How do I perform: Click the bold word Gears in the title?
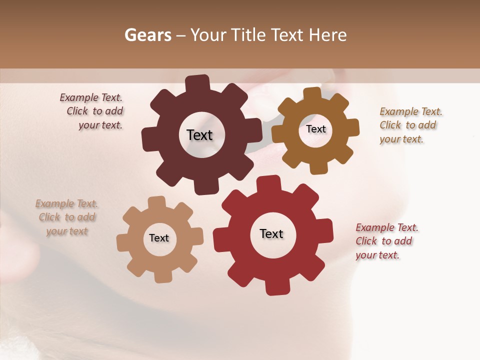pyautogui.click(x=147, y=35)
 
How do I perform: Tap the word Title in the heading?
pyautogui.click(x=250, y=35)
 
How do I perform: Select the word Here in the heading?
pyautogui.click(x=327, y=35)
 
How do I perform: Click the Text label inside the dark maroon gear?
pyautogui.click(x=199, y=135)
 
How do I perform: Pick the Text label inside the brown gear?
pyautogui.click(x=315, y=129)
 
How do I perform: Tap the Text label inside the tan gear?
pyautogui.click(x=159, y=238)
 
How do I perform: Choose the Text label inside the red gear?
pyautogui.click(x=271, y=233)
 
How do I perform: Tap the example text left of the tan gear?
pyautogui.click(x=67, y=217)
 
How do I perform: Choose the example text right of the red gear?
pyautogui.click(x=385, y=241)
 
